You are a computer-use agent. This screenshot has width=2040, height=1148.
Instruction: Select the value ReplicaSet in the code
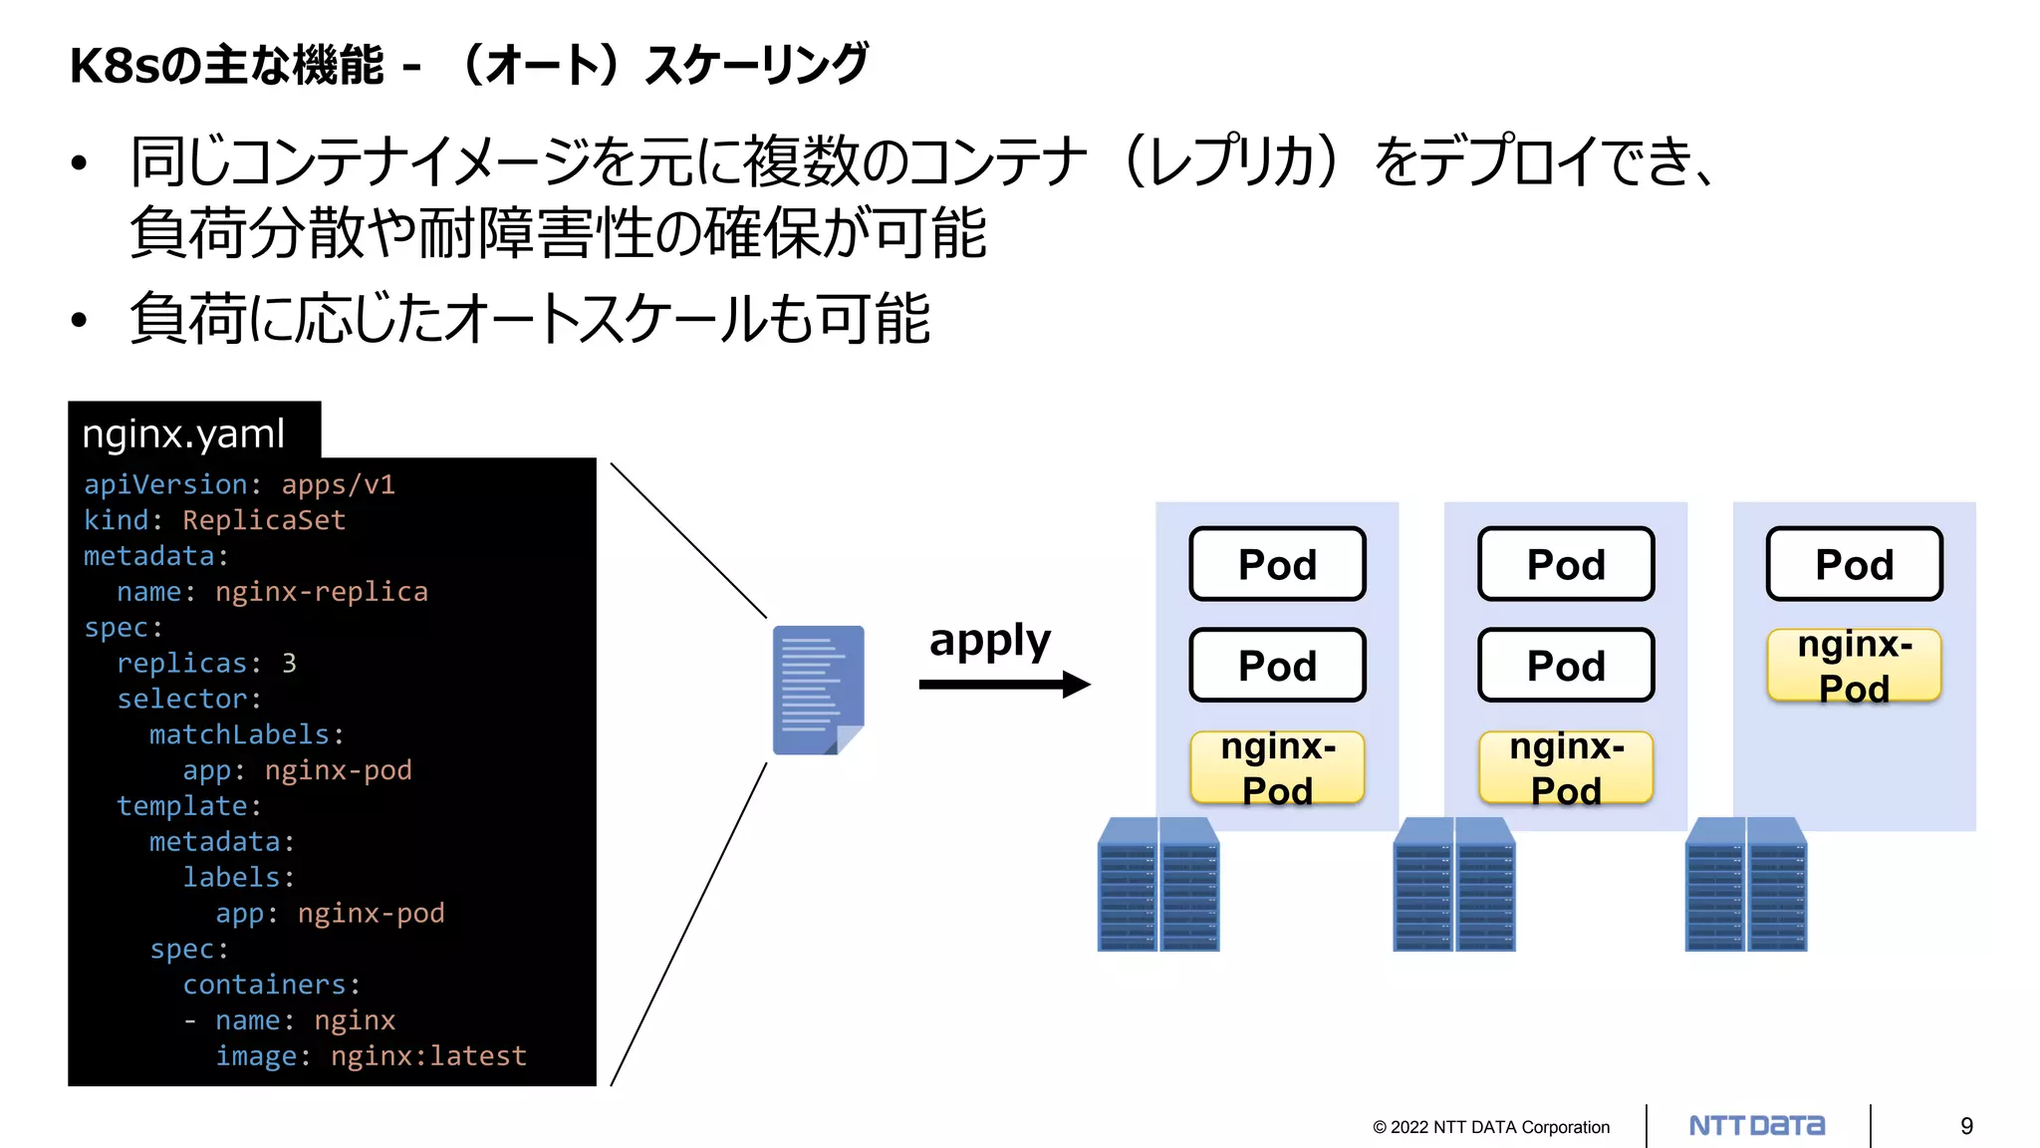[x=264, y=520]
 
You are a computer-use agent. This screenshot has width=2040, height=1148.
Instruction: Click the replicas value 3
[x=289, y=664]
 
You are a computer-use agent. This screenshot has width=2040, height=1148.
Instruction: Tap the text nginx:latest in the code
[x=428, y=1056]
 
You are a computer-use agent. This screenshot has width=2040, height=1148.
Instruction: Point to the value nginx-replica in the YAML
[x=321, y=592]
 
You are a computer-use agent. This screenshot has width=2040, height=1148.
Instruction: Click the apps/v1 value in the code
[x=338, y=485]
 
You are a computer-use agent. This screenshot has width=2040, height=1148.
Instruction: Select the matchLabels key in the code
[x=239, y=735]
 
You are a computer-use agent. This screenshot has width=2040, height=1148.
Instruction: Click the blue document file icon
[x=818, y=690]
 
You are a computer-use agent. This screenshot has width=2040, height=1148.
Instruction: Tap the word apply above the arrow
[x=989, y=641]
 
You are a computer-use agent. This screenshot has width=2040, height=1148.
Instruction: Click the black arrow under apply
[x=1004, y=685]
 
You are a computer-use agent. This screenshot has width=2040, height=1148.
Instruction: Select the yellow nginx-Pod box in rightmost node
[x=1854, y=666]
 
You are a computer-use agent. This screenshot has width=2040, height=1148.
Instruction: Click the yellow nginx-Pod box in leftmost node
[x=1277, y=767]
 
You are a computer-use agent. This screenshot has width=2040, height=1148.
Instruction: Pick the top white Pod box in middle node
[x=1566, y=565]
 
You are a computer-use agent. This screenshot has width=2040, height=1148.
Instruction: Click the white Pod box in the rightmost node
[x=1854, y=565]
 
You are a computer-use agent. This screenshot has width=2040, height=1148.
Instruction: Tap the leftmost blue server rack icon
[x=1157, y=885]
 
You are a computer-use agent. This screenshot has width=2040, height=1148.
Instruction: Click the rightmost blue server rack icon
[x=1745, y=885]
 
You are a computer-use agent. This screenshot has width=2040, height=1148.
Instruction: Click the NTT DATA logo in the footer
[x=1756, y=1126]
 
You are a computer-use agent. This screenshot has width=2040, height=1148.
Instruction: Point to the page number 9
[x=1966, y=1126]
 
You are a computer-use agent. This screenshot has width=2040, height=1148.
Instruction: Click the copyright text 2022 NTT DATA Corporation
[x=1491, y=1127]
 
